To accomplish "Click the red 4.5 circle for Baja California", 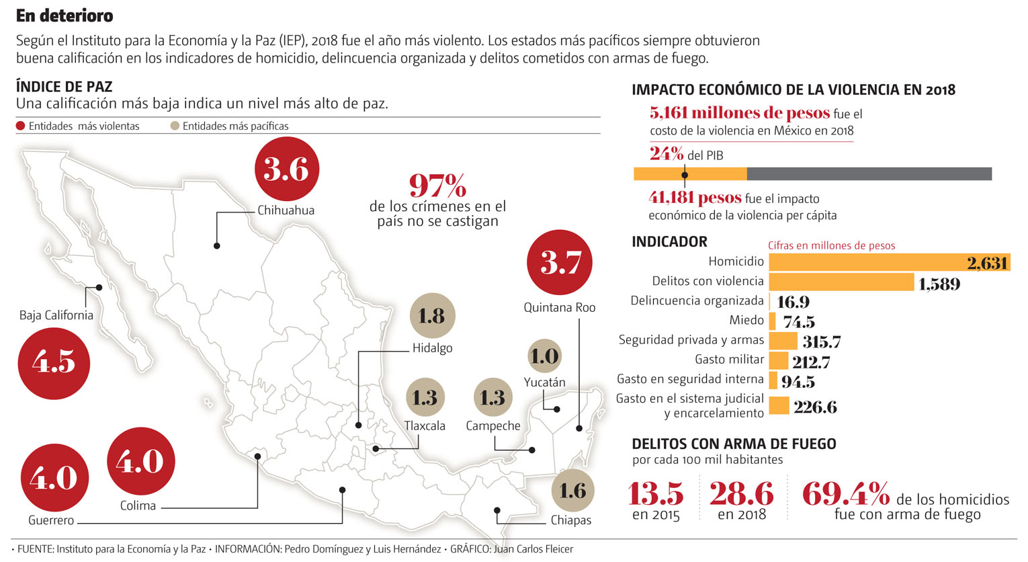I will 54,364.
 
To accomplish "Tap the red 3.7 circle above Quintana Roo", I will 559,262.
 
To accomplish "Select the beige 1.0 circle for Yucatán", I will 544,356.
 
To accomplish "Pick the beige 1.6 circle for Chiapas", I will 573,491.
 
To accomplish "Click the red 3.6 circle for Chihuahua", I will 287,169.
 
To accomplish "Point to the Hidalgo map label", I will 432,348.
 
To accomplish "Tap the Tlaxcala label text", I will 425,426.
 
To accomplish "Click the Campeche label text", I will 493,426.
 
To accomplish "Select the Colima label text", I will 138,506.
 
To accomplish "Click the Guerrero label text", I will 51,521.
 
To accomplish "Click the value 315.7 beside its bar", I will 821,342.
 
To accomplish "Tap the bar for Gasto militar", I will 778,361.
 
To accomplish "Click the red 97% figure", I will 437,185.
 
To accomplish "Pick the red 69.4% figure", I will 846,495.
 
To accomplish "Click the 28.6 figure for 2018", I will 741,495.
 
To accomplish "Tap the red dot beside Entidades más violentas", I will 21,126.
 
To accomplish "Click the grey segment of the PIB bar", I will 869,174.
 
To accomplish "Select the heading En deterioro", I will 65,15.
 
